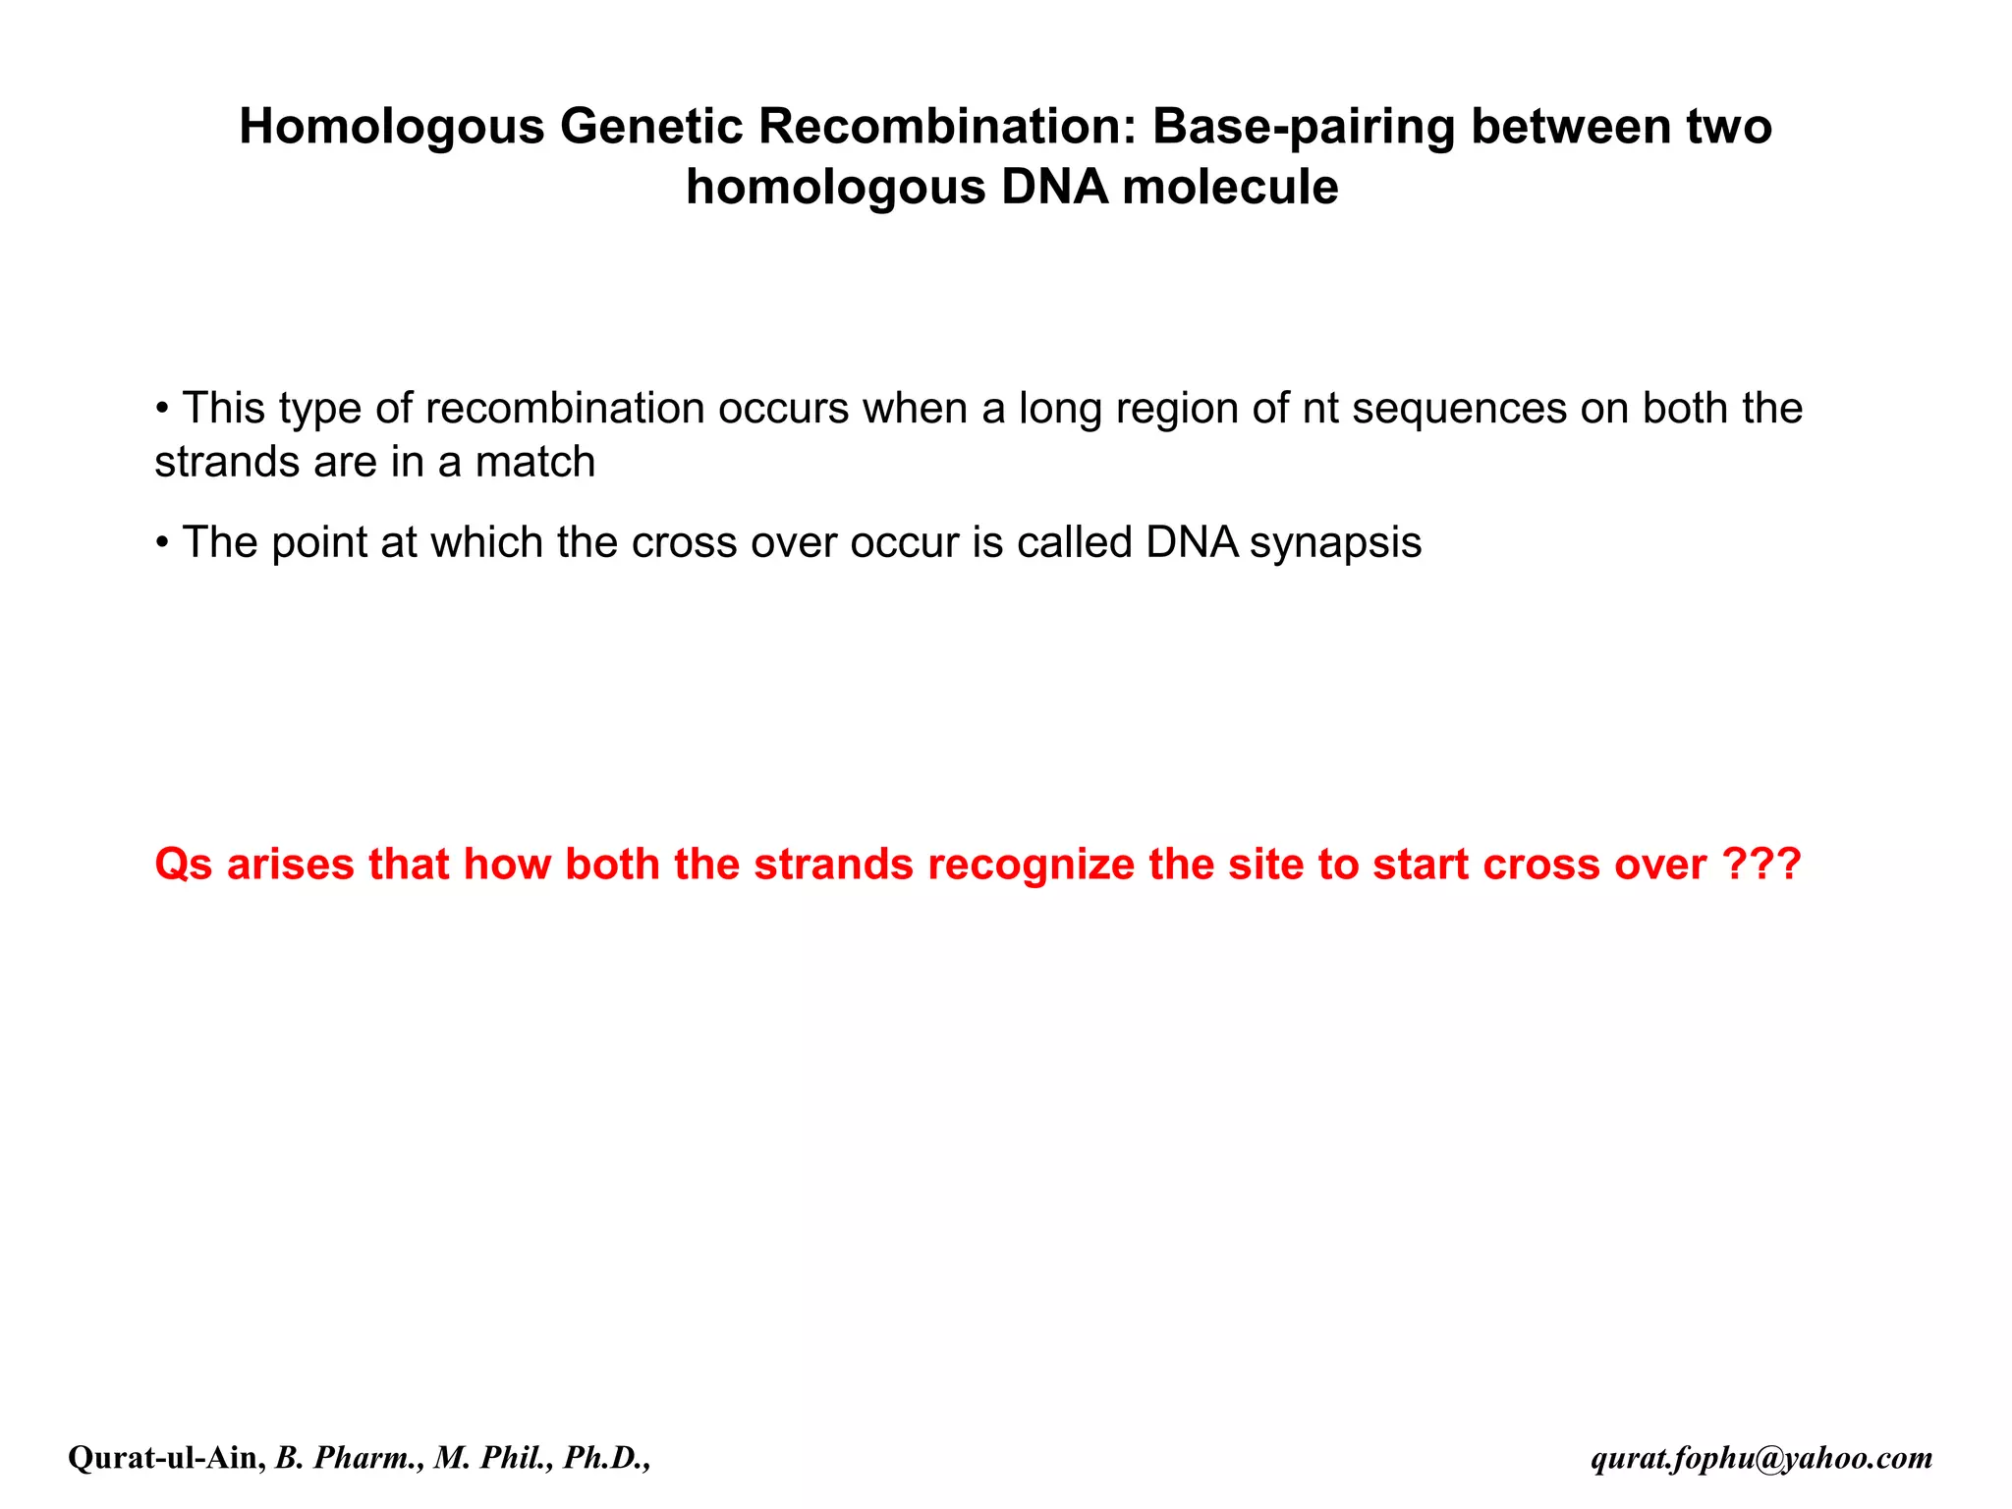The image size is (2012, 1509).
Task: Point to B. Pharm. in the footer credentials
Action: click(x=350, y=1458)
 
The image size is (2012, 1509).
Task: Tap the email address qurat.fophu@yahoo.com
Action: click(x=1761, y=1459)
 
